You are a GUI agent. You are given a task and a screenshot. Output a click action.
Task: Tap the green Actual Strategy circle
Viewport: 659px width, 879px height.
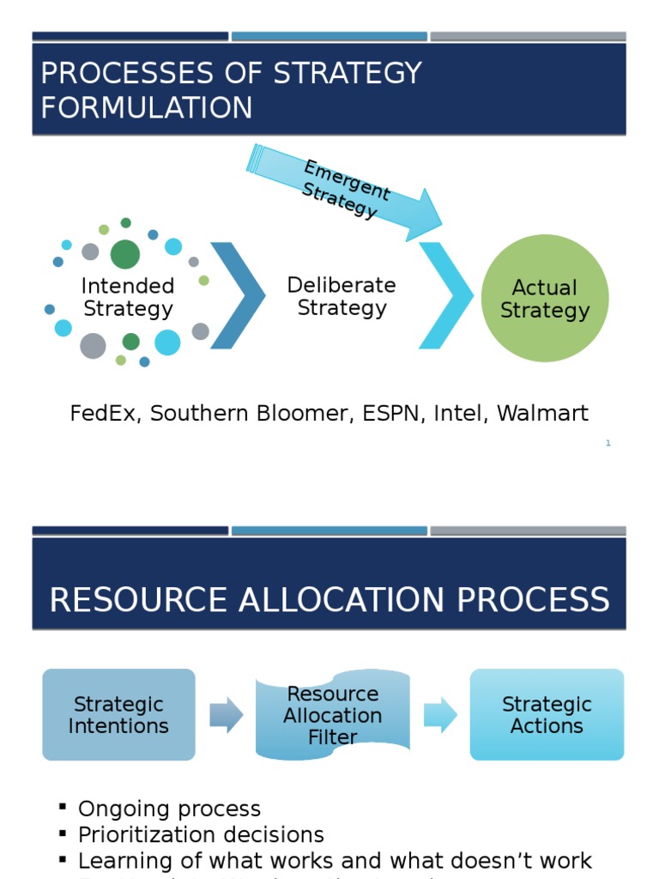point(545,298)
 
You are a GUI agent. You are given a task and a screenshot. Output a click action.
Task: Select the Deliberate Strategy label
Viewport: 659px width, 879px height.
point(342,296)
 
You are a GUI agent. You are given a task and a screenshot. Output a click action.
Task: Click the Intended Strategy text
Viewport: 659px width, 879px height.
point(128,297)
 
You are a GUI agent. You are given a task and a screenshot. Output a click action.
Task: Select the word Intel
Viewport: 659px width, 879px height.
point(457,414)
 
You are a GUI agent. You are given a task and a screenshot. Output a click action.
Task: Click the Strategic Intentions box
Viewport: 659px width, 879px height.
point(118,715)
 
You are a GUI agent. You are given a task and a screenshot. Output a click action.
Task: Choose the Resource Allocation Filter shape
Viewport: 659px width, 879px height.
point(333,715)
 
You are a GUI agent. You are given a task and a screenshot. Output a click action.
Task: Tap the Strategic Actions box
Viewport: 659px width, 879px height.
point(547,715)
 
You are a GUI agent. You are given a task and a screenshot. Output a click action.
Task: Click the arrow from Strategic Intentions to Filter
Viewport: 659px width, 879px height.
point(226,715)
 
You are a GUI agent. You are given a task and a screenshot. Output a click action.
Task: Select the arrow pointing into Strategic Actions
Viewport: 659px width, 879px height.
point(440,715)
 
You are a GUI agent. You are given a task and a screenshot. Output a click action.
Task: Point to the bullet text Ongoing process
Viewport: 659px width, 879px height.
point(169,809)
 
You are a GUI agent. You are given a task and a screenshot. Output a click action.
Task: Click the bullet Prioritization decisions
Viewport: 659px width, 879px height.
point(201,834)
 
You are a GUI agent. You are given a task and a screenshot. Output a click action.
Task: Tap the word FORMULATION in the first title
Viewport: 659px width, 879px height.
point(147,108)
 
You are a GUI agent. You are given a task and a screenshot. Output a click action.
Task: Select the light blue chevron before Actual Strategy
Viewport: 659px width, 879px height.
point(445,296)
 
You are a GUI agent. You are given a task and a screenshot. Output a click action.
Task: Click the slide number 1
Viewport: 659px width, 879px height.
point(608,443)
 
